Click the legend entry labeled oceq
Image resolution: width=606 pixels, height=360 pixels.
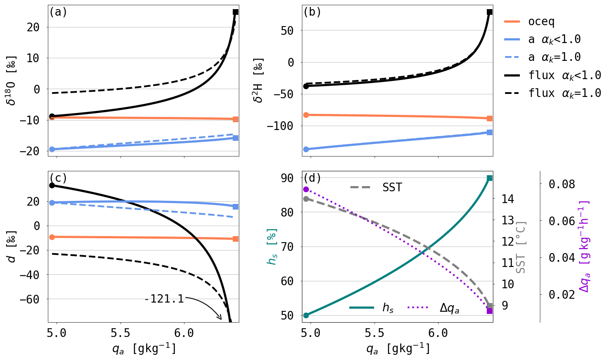541,21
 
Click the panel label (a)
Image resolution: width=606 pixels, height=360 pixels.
58,12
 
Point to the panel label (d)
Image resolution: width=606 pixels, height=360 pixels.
312,178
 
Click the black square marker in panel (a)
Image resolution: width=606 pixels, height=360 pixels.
235,12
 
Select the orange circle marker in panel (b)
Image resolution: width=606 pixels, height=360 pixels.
306,115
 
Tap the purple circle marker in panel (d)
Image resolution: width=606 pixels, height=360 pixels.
306,190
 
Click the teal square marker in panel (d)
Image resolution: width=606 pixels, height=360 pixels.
489,178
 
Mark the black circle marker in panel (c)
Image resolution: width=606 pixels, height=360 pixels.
52,185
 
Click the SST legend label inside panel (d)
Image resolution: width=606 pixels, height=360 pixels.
392,187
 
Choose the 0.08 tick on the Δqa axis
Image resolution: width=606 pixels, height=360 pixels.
562,184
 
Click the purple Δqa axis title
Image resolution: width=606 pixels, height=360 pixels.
585,246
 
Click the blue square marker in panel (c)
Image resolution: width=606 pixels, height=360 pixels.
235,207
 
